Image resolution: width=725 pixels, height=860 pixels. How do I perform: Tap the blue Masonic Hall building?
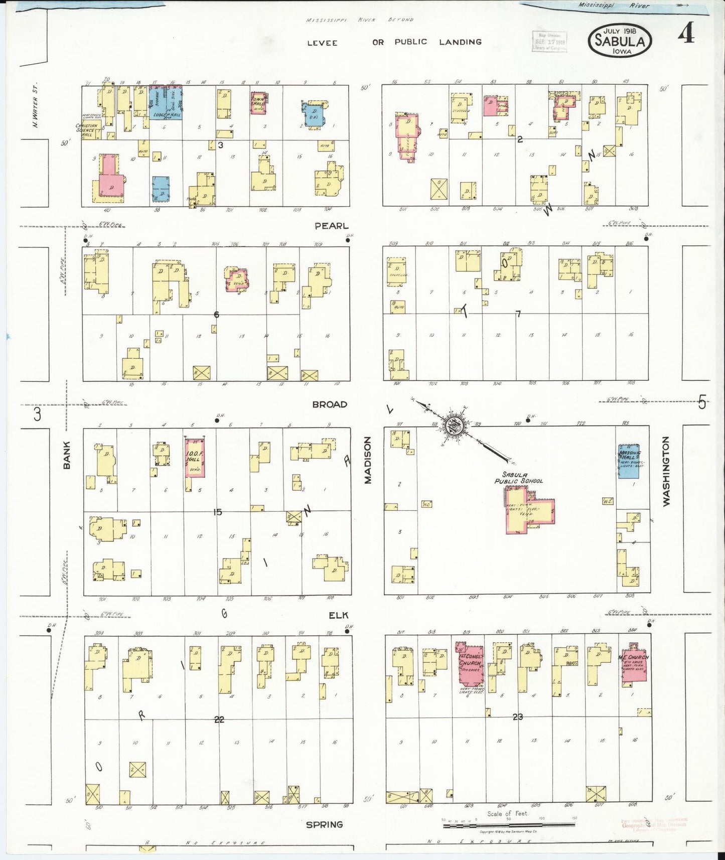629,461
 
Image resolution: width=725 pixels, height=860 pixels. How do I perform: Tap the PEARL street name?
331,226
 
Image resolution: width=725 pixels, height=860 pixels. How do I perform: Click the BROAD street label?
330,404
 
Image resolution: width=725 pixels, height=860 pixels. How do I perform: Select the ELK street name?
338,615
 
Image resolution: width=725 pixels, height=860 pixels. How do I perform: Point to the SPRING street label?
325,824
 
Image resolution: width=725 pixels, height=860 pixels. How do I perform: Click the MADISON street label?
368,460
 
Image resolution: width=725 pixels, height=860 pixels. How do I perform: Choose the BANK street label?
67,455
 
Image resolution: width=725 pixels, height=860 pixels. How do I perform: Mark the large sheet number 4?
686,34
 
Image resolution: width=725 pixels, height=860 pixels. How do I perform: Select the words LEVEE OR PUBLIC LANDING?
394,42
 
